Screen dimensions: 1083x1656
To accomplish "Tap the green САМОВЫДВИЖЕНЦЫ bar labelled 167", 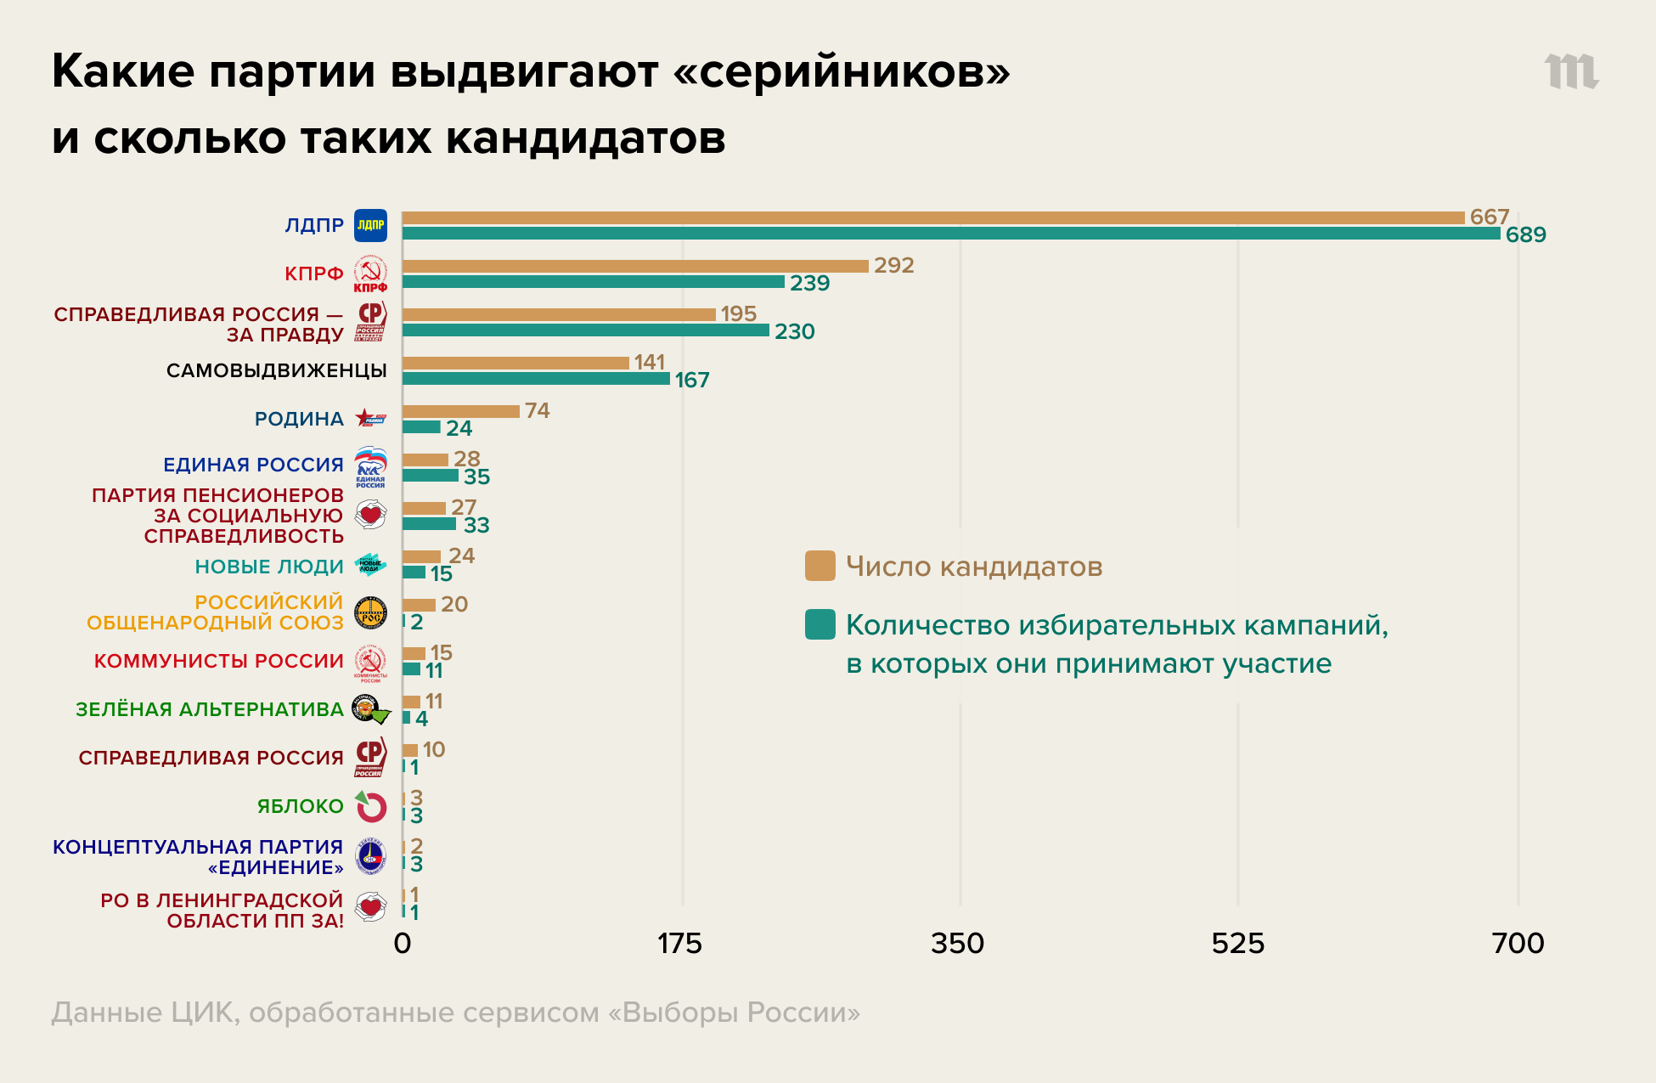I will pyautogui.click(x=535, y=379).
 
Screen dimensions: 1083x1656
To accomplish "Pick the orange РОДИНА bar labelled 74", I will pyautogui.click(x=460, y=411).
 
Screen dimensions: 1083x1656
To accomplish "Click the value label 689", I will pyautogui.click(x=1525, y=235).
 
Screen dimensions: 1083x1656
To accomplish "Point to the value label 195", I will pyautogui.click(x=738, y=314).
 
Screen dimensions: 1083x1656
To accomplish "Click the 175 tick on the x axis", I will pyautogui.click(x=679, y=944).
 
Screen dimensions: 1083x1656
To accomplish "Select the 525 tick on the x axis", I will pyautogui.click(x=1237, y=944).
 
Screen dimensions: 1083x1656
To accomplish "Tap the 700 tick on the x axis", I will pyautogui.click(x=1518, y=944).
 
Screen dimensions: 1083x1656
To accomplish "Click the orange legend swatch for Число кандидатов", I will pyautogui.click(x=820, y=566).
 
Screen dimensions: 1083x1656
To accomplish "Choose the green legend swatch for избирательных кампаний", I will pyautogui.click(x=820, y=624).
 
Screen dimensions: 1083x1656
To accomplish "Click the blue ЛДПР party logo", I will pyautogui.click(x=370, y=225).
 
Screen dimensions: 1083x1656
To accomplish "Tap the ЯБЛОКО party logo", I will pyautogui.click(x=371, y=806).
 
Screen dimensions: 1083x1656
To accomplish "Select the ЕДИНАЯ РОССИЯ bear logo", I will pyautogui.click(x=370, y=466).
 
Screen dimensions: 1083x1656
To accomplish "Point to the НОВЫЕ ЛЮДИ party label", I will pyautogui.click(x=268, y=567).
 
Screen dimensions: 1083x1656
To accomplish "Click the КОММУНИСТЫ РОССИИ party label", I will pyautogui.click(x=218, y=661).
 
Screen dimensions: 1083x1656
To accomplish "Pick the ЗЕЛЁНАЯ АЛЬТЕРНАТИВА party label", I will pyautogui.click(x=209, y=709).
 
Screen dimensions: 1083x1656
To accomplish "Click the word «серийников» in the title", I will pyautogui.click(x=841, y=71).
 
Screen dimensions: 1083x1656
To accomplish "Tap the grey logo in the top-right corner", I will pyautogui.click(x=1571, y=71).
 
